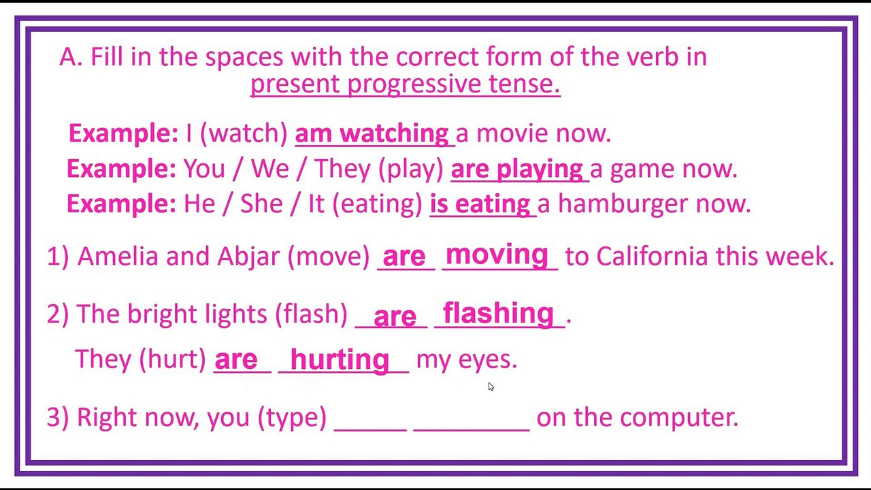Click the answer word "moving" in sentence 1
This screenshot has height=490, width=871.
[497, 255]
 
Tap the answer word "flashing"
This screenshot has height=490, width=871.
[498, 314]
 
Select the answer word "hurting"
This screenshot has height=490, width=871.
[340, 359]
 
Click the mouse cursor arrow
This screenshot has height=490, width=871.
[491, 387]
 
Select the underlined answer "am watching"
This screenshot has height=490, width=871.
[372, 134]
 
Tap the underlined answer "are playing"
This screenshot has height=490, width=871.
[516, 170]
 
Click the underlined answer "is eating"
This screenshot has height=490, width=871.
[480, 204]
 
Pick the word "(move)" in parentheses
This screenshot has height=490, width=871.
[329, 257]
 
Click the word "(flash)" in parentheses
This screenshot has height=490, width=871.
[311, 314]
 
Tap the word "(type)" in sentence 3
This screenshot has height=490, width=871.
[292, 418]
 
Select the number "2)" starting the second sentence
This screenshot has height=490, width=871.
[58, 314]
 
